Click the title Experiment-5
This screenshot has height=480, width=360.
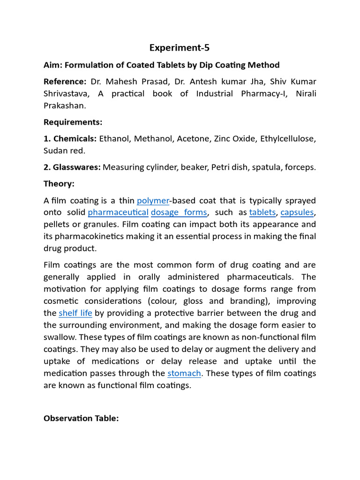(180, 47)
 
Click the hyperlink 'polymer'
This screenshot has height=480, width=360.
(152, 201)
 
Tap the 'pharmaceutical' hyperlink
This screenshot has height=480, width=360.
(118, 212)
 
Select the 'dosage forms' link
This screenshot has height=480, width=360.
(179, 212)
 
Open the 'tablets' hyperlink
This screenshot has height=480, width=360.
(262, 212)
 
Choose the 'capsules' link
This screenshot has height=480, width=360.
(297, 212)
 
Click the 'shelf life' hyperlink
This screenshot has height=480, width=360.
(75, 313)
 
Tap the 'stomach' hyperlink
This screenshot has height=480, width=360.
(184, 373)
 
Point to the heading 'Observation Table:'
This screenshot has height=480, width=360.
(81, 418)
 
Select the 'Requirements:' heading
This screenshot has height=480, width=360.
(73, 122)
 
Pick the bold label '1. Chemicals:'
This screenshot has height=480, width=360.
(70, 139)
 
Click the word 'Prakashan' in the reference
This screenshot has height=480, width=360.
(64, 106)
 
